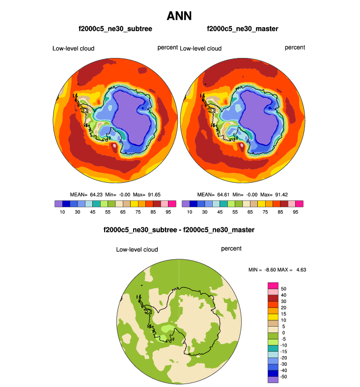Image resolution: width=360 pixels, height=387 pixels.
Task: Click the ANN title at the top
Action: point(180,16)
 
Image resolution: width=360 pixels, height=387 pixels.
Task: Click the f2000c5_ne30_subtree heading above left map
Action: point(115,29)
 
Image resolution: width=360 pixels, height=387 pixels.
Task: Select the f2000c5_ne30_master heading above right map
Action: point(243,29)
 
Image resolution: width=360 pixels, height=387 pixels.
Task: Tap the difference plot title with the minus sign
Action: point(179,229)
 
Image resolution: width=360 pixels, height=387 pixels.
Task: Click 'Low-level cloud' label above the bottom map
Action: point(137,249)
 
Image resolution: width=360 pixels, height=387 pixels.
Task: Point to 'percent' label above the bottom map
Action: point(231,249)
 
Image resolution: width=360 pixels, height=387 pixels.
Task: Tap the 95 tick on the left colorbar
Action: point(168,212)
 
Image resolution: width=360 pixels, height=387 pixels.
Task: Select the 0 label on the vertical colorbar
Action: point(283,332)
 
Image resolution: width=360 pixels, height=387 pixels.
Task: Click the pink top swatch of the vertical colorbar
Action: point(273,285)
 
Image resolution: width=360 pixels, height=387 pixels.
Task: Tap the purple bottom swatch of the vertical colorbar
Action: point(273,379)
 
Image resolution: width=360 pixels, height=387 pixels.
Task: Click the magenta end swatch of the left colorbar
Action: point(172,203)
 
